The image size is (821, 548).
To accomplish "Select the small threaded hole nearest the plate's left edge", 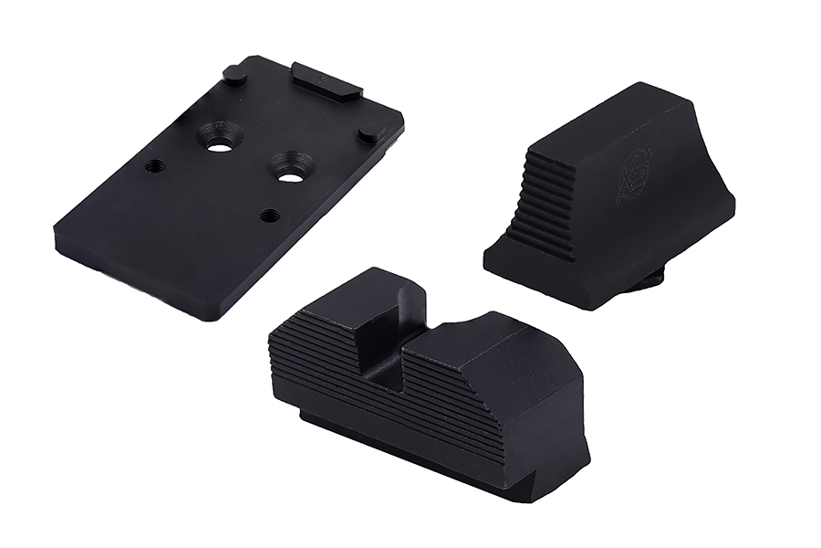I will [x=155, y=166].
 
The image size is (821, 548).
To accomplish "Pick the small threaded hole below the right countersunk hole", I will [x=268, y=216].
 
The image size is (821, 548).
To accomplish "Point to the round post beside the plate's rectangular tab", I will [x=234, y=75].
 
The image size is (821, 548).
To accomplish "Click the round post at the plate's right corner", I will [x=369, y=132].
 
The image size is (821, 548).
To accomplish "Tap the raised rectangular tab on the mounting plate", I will [x=326, y=79].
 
